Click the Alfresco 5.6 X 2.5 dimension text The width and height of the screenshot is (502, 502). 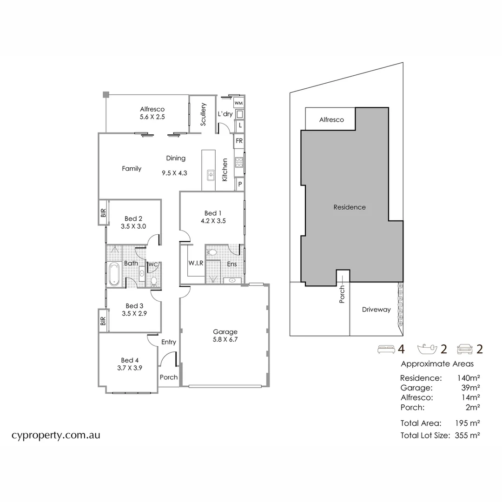click(x=152, y=117)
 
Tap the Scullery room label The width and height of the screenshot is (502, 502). click(x=203, y=114)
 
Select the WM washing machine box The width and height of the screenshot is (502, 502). click(x=239, y=103)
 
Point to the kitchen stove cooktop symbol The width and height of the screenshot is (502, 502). click(x=239, y=162)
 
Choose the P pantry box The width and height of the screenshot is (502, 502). click(x=240, y=185)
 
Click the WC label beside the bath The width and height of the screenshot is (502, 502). click(x=153, y=265)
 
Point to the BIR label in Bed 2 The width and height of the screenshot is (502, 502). click(x=103, y=213)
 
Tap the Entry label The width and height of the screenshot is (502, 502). click(x=168, y=342)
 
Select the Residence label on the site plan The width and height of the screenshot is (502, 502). click(x=350, y=207)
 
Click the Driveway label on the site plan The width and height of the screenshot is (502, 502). click(x=376, y=310)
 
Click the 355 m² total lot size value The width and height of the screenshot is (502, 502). click(x=467, y=436)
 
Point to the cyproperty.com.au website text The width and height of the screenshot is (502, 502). click(x=56, y=436)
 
